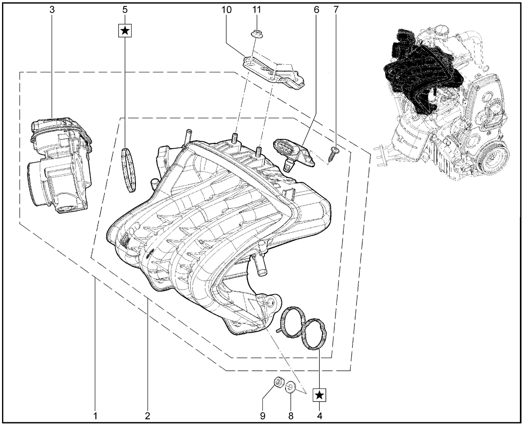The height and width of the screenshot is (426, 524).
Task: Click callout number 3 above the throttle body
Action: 52,10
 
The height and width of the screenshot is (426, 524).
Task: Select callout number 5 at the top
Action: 125,10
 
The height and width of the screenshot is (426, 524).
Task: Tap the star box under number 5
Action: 125,30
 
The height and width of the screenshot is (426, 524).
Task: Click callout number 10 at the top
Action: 226,10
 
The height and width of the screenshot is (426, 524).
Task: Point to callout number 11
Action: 257,10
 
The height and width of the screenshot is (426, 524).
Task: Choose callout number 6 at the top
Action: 316,10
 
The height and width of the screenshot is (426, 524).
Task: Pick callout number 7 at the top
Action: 336,10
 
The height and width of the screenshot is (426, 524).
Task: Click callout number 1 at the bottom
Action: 95,416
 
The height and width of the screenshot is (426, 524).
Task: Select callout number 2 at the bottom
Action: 147,416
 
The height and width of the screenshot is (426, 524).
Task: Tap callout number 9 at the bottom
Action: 262,416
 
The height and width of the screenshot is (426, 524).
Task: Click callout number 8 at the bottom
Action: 290,416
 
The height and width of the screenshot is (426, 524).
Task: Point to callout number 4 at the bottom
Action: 320,416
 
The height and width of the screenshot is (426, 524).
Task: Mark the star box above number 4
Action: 320,395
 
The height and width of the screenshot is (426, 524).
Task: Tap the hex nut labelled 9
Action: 278,383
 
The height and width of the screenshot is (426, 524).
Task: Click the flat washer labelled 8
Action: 290,386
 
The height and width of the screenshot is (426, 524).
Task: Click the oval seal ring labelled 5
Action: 129,170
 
